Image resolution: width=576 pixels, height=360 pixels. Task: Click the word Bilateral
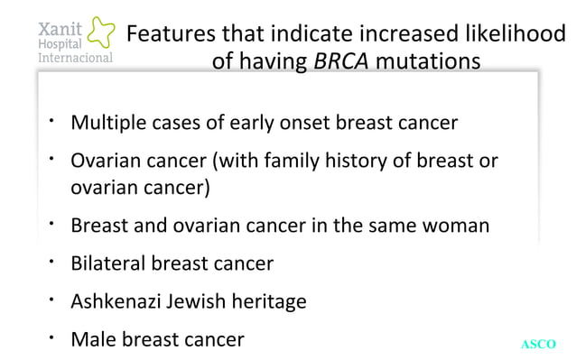click(108, 263)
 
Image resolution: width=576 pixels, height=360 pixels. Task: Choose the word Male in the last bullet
click(92, 339)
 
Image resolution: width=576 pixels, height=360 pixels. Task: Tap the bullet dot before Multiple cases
click(53, 118)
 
